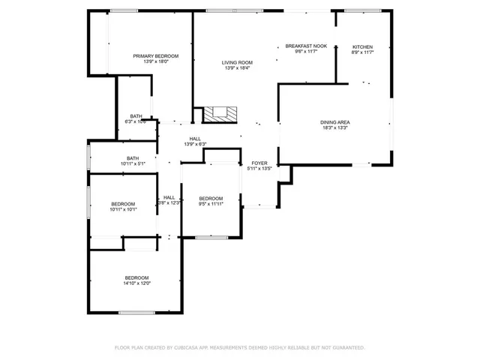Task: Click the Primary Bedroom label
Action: tap(155, 56)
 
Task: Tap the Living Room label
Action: tap(236, 62)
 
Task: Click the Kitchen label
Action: tap(362, 46)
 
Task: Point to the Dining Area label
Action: tap(335, 122)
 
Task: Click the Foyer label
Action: tap(259, 163)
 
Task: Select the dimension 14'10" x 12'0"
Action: tap(137, 283)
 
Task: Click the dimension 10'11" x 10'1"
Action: tap(123, 210)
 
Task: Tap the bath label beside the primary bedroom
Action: tap(136, 116)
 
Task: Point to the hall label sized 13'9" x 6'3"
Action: tap(195, 139)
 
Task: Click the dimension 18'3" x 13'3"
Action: tap(335, 128)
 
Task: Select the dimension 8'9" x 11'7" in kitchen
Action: tap(362, 52)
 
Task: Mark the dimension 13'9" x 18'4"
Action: tap(236, 68)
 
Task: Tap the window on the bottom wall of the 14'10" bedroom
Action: tap(136, 312)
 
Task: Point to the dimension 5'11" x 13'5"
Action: tap(259, 169)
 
